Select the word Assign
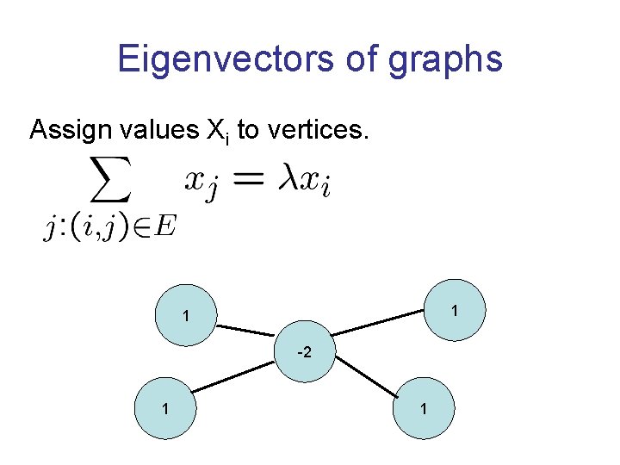pyautogui.click(x=63, y=130)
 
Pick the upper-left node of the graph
pyautogui.click(x=185, y=316)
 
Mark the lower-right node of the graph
pyautogui.click(x=424, y=409)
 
